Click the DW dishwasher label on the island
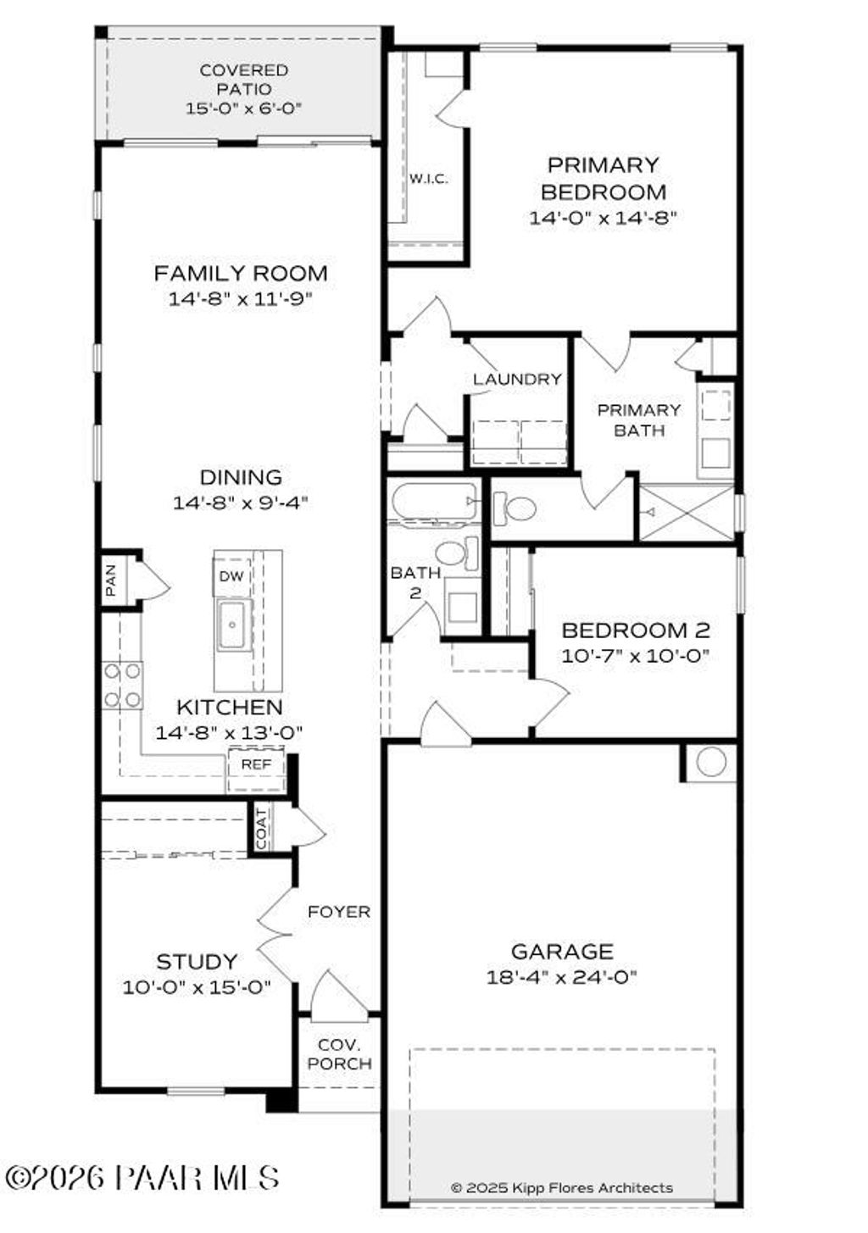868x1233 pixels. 231,576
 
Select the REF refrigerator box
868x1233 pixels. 256,764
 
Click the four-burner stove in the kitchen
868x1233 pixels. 122,686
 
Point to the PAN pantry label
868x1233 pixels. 111,580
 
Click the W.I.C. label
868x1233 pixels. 429,179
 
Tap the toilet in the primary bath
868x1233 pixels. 515,509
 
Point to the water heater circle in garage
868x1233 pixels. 710,761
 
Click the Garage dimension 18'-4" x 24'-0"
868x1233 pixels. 561,977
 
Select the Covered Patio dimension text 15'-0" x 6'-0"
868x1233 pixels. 243,108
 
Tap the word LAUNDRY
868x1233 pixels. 517,379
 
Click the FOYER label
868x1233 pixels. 339,912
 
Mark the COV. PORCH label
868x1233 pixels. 339,1054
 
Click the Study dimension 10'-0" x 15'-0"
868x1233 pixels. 197,987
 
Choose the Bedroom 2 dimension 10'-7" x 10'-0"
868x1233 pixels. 635,656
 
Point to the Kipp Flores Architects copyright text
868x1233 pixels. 561,1188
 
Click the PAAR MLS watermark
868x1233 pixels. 142,1177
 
